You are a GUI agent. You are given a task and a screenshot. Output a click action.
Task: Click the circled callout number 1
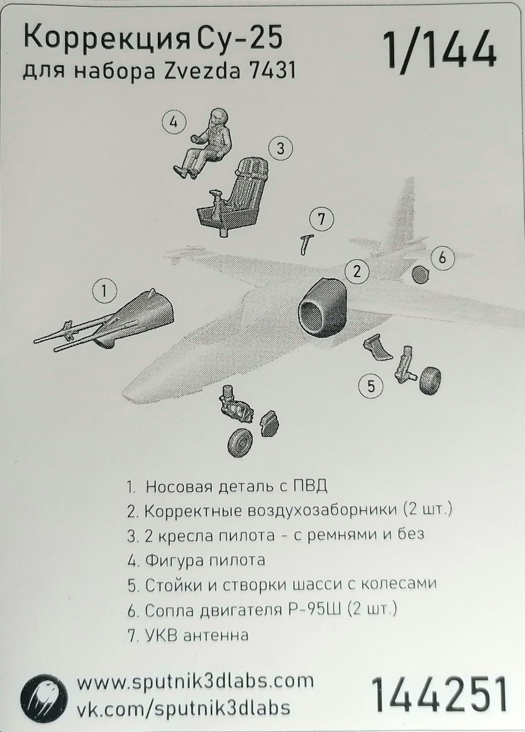[x=104, y=291]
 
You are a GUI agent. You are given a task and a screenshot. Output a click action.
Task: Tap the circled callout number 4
[x=173, y=122]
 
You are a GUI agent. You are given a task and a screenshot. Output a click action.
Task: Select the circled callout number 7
[x=321, y=219]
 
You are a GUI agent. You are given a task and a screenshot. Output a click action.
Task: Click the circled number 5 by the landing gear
[x=371, y=386]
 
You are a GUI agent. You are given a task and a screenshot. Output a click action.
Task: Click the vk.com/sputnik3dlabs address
[x=183, y=708]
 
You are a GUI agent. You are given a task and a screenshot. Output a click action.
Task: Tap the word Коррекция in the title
[x=105, y=39]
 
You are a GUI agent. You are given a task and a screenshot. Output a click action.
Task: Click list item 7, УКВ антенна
[x=189, y=635]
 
